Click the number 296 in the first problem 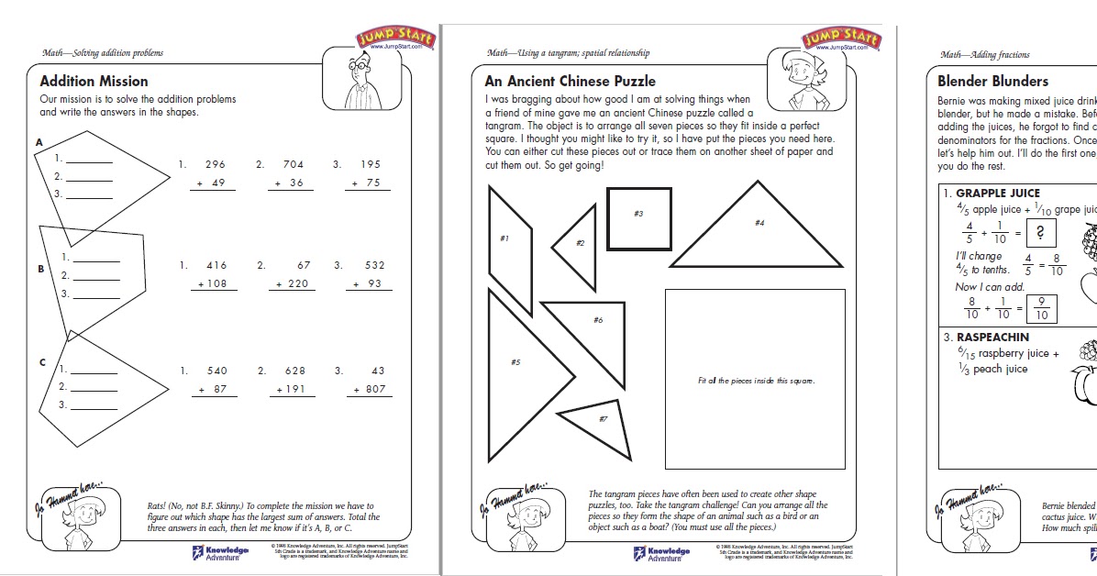pos(216,165)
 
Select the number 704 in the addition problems pos(293,165)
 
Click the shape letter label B pos(41,269)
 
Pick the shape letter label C pos(42,362)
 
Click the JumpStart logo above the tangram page pos(840,39)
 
